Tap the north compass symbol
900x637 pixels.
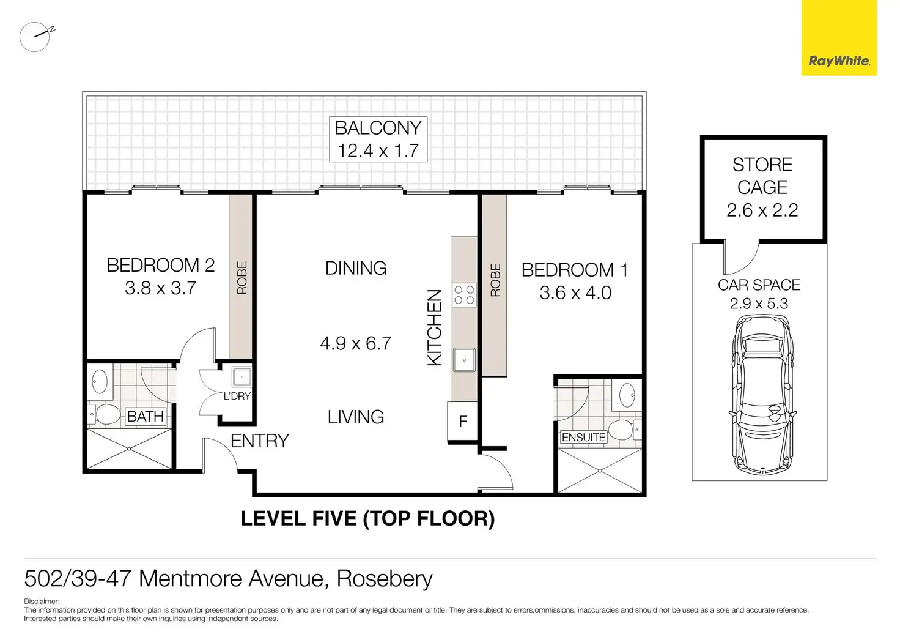[x=35, y=37]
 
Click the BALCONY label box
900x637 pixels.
[x=378, y=139]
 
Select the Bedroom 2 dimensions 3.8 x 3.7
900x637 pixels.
[x=160, y=288]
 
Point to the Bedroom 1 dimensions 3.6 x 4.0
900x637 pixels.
[x=575, y=292]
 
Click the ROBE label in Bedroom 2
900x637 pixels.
[x=242, y=277]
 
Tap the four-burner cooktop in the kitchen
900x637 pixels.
[x=464, y=295]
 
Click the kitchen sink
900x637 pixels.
[x=464, y=360]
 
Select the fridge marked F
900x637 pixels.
[x=462, y=421]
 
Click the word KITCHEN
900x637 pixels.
[x=434, y=328]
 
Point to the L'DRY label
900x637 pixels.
[x=237, y=396]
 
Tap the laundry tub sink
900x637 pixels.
[x=242, y=377]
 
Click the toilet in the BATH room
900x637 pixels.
[x=104, y=414]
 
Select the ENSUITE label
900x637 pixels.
[x=583, y=437]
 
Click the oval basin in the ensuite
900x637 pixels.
[x=627, y=395]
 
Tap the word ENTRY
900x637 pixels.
[x=260, y=441]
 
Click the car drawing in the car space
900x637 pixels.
[x=762, y=394]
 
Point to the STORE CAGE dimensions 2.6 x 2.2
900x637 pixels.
[x=762, y=210]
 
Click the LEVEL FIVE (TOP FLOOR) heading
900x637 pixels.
[x=367, y=518]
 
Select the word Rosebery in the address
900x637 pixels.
[x=385, y=579]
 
